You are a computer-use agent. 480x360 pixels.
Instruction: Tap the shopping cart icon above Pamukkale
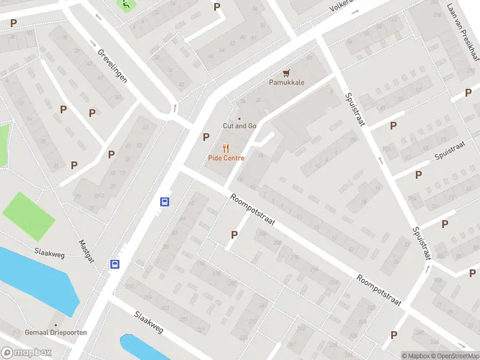[287, 73]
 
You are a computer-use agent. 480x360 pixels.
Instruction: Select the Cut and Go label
[239, 126]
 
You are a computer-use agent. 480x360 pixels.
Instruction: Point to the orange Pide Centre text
[226, 158]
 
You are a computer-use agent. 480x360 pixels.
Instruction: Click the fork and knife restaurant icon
[226, 148]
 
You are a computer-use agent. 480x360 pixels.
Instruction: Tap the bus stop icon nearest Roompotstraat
[164, 202]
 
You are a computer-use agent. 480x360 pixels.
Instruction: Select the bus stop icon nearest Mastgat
[114, 264]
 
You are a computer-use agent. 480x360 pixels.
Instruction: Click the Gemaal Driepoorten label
[56, 332]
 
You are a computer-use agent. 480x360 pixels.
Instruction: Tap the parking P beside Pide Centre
[206, 137]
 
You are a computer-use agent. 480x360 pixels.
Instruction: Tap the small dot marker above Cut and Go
[239, 118]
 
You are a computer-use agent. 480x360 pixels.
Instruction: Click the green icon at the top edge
[126, 5]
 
